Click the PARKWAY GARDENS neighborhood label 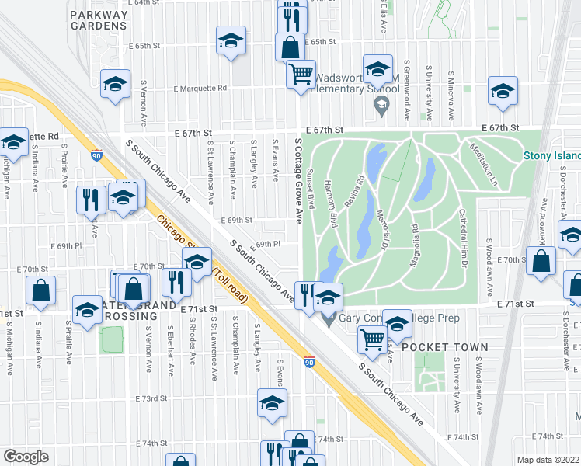click(98, 20)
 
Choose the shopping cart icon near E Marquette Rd click(301, 75)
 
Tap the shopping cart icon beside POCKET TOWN click(372, 339)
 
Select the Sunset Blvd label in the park click(311, 190)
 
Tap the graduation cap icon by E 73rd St click(272, 402)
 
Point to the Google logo click(26, 457)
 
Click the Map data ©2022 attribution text click(548, 460)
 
